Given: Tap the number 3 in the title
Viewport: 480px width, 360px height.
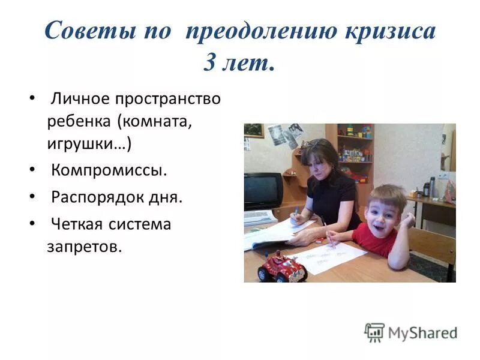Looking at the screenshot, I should click(211, 62).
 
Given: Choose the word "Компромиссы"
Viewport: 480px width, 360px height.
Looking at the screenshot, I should click(109, 170).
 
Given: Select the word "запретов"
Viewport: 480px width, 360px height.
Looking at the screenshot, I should click(84, 247).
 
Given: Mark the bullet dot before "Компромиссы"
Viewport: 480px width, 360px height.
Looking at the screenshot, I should click(32, 170).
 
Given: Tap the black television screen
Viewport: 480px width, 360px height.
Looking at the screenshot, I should click(263, 190).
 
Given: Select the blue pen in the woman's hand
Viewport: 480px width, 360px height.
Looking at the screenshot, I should click(295, 214).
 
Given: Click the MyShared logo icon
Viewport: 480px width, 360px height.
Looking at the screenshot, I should click(374, 332).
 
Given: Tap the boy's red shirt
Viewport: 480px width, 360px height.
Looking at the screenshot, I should click(374, 238).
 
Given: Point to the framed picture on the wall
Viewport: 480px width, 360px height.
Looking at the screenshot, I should click(253, 130).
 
